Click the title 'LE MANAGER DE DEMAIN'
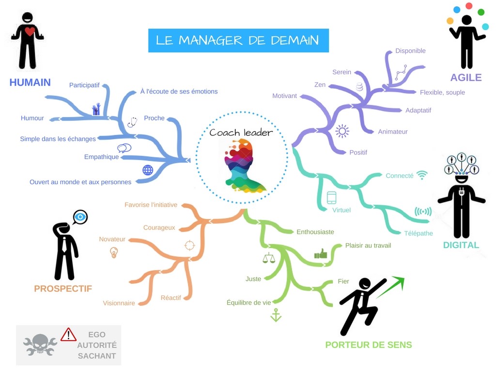[x=237, y=41]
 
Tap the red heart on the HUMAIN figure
[x=30, y=31]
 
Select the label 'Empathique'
[x=102, y=157]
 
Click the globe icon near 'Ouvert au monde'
[x=148, y=170]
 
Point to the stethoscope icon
[x=132, y=122]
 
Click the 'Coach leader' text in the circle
[x=241, y=133]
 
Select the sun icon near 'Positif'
[x=342, y=131]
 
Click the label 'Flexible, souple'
[x=442, y=93]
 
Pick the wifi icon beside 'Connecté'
[x=422, y=175]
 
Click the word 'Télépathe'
[x=418, y=233]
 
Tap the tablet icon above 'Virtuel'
[x=331, y=198]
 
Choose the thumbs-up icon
[x=321, y=254]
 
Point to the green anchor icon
[x=276, y=315]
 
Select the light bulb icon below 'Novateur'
[x=114, y=252]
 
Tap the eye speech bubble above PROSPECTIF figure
[x=80, y=217]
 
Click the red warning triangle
[x=68, y=334]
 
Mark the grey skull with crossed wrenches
[x=40, y=344]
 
